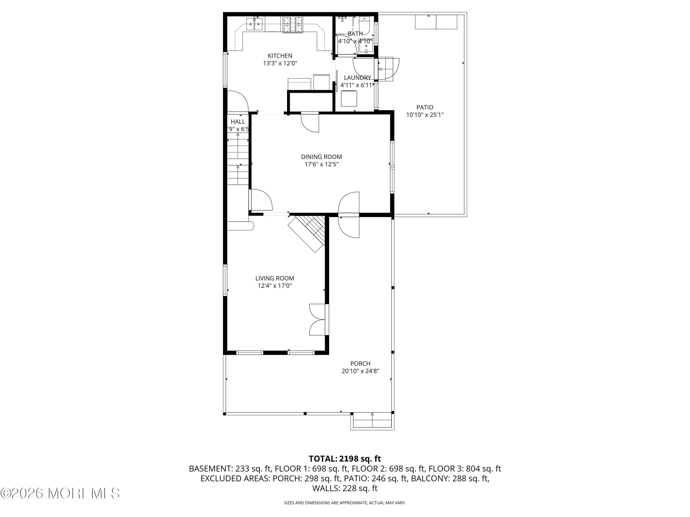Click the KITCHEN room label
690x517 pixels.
pyautogui.click(x=280, y=56)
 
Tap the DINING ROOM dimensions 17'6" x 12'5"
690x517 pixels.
pyautogui.click(x=321, y=164)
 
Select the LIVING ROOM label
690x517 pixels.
pyautogui.click(x=274, y=278)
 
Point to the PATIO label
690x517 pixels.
pyautogui.click(x=425, y=107)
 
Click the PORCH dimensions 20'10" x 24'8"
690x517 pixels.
pyautogui.click(x=360, y=371)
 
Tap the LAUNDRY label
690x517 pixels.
pyautogui.click(x=357, y=78)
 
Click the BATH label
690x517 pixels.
pyautogui.click(x=355, y=34)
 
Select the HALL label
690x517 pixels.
pyautogui.click(x=238, y=122)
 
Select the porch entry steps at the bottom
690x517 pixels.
pyautogui.click(x=372, y=420)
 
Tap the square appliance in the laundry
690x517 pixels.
pyautogui.click(x=349, y=99)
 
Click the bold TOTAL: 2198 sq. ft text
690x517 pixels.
pyautogui.click(x=345, y=459)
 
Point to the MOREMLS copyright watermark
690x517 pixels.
pyautogui.click(x=60, y=493)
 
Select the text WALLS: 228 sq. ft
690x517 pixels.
pyautogui.click(x=345, y=488)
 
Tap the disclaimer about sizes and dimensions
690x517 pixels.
pyautogui.click(x=345, y=503)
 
